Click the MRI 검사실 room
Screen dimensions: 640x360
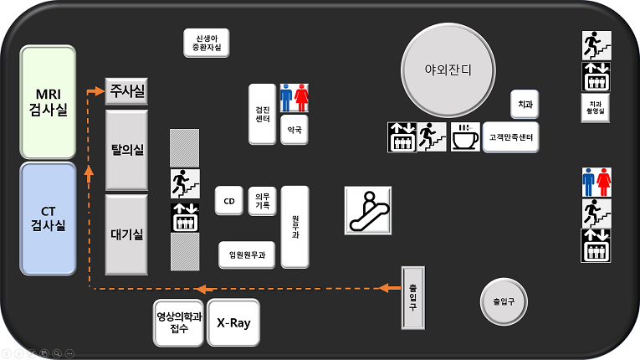pos(49,102)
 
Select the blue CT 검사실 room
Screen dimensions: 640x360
pos(49,219)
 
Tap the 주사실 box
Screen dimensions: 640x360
pos(126,91)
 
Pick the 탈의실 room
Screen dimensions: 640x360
pos(126,150)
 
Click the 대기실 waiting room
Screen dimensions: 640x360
pos(126,234)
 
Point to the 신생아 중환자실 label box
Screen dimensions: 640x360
pos(207,43)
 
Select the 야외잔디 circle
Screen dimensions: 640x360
pos(448,70)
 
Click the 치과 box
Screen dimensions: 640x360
pos(525,104)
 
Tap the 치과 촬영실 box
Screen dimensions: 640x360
pos(596,108)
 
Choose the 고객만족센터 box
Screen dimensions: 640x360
pos(510,137)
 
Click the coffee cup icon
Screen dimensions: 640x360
pos(465,137)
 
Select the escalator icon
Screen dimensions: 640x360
pos(368,210)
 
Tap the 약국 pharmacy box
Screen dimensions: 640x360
pos(294,130)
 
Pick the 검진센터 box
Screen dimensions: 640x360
pos(263,114)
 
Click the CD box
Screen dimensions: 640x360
pos(229,201)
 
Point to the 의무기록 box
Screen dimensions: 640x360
pos(263,201)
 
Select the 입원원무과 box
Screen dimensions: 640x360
pos(247,255)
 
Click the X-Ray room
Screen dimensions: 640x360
pos(233,323)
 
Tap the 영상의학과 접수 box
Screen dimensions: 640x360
pos(179,323)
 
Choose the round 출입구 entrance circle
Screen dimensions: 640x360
pos(504,302)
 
